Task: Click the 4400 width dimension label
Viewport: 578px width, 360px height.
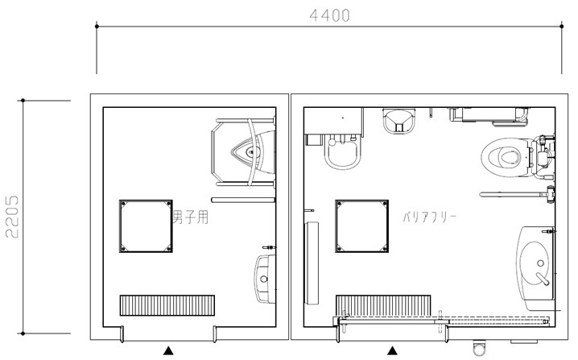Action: [329, 16]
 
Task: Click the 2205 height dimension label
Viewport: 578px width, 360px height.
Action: [12, 217]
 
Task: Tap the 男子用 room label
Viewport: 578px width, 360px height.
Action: [191, 217]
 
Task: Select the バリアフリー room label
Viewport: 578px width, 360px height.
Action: [429, 217]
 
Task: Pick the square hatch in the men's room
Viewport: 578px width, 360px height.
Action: [146, 226]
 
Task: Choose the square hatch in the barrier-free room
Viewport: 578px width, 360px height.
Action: [361, 226]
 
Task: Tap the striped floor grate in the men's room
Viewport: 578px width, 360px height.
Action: [167, 305]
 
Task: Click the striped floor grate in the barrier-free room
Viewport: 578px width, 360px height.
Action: [383, 305]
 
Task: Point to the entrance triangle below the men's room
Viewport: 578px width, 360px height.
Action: [168, 350]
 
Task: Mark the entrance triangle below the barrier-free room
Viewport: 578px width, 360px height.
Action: [393, 350]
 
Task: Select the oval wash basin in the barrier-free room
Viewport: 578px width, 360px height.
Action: [535, 263]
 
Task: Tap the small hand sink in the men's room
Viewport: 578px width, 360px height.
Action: [265, 279]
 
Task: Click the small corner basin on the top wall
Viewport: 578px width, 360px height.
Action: [399, 121]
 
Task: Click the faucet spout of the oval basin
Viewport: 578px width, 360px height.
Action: [543, 279]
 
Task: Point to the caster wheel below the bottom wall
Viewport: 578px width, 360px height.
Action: [479, 347]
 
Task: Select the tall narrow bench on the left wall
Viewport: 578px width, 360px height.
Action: [312, 263]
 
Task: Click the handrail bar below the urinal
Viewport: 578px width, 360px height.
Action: [243, 200]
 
